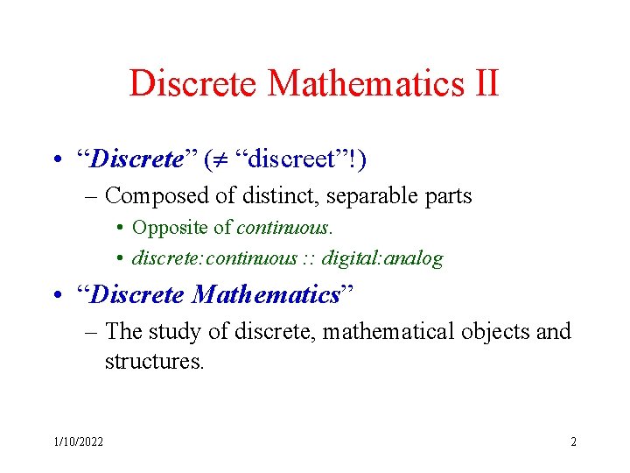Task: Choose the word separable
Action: coord(373,196)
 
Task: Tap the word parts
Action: coord(447,196)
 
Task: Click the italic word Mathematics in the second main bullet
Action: coord(266,295)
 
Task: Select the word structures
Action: coord(154,361)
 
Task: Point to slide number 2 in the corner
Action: coord(573,441)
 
